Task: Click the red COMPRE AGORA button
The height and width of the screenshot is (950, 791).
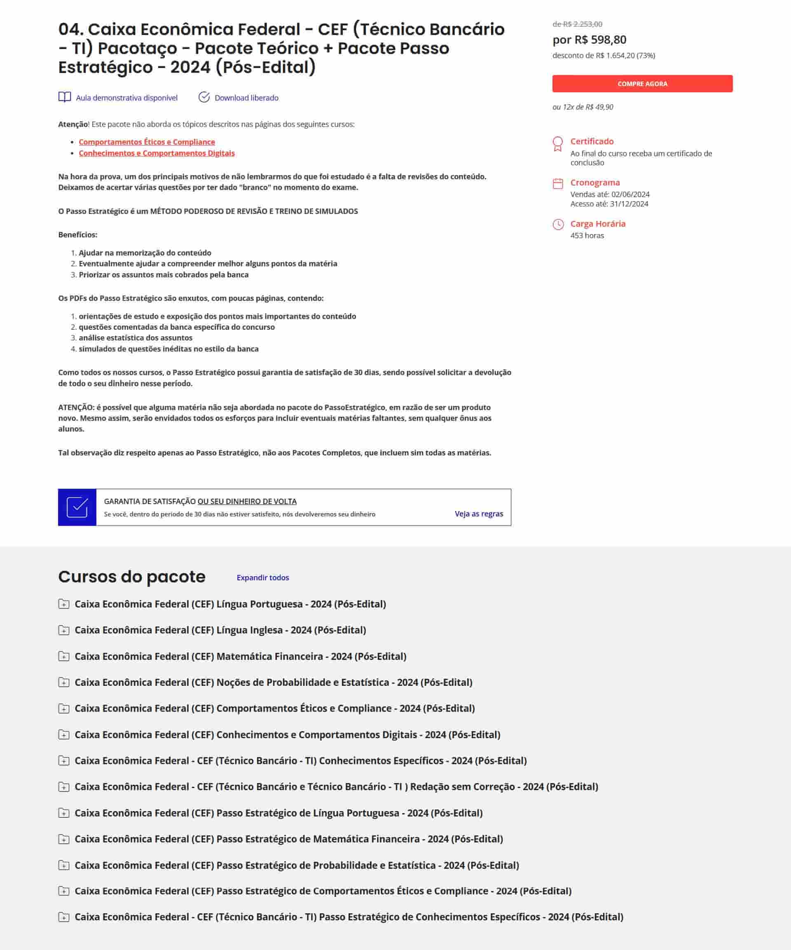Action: (x=642, y=84)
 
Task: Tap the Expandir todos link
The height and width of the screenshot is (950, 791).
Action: (x=262, y=578)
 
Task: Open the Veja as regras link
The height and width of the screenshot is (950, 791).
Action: (x=478, y=514)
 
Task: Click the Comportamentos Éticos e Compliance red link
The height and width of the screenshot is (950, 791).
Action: (x=147, y=142)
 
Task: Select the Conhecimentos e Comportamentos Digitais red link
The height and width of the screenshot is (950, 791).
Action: (x=157, y=153)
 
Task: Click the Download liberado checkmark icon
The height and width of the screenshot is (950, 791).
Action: (x=204, y=97)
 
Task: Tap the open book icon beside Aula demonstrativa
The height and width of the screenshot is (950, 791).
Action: (x=65, y=97)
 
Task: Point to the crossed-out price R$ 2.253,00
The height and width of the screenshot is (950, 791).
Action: (x=578, y=24)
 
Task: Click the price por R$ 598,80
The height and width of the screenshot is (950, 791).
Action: (x=589, y=40)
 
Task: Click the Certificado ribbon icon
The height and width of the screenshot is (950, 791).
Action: (x=558, y=144)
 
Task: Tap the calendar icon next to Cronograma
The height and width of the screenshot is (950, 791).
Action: (x=558, y=183)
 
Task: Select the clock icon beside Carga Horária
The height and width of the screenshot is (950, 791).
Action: (x=558, y=224)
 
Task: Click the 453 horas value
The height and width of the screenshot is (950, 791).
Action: (x=587, y=235)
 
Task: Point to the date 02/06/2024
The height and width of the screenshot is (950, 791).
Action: (x=630, y=194)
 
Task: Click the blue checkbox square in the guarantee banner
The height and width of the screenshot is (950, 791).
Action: (x=77, y=507)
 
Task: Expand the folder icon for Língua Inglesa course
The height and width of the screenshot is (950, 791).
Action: (x=64, y=630)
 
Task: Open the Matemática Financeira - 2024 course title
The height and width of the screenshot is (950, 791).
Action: (x=240, y=656)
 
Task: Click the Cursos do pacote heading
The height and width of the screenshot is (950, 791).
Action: (x=131, y=577)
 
